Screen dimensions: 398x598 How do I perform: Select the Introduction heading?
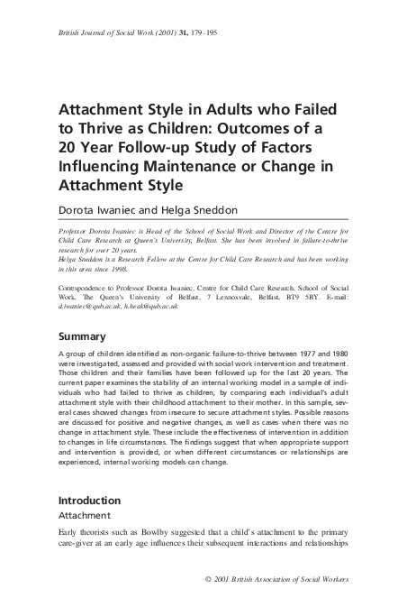coord(89,500)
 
